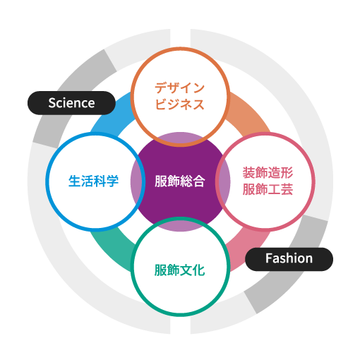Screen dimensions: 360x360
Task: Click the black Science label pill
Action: (71, 103)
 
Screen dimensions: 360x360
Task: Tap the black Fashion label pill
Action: (289, 259)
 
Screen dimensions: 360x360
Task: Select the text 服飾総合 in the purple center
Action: (180, 181)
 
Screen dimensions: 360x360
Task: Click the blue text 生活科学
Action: (93, 181)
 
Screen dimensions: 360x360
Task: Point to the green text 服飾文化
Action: (179, 270)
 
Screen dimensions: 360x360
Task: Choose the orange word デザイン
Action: (179, 88)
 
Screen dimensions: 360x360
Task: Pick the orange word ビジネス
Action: (179, 104)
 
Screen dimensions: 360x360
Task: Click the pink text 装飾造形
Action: (268, 173)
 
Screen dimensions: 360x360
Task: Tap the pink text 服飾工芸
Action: (268, 189)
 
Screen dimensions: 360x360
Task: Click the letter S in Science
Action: (52, 103)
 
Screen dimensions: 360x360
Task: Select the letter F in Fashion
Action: (269, 258)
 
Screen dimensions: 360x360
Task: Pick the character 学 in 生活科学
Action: (112, 181)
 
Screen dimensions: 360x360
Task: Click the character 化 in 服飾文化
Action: (199, 270)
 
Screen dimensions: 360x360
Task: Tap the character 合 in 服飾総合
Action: (199, 181)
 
